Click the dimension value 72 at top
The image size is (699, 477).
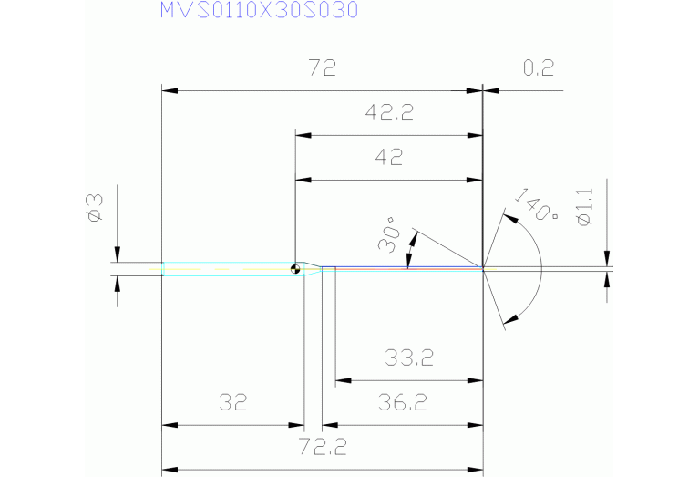click(322, 68)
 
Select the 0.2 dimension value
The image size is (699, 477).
click(539, 68)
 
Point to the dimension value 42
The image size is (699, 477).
click(389, 157)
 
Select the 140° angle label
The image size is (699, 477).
click(536, 206)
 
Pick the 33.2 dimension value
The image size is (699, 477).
click(409, 358)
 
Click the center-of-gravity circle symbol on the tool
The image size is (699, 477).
click(295, 268)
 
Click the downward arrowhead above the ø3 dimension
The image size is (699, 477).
click(118, 255)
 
